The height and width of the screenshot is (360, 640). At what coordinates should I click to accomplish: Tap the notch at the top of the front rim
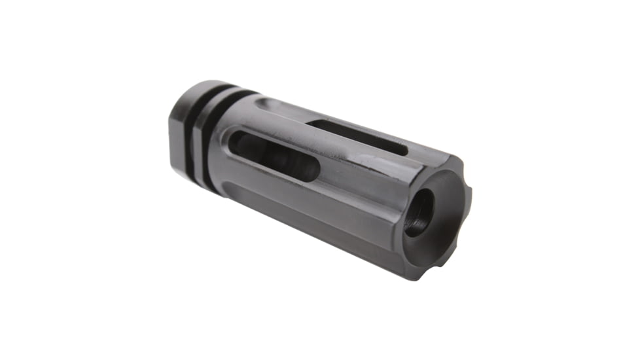click(x=451, y=159)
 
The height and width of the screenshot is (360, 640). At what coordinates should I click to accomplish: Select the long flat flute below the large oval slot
click(x=308, y=209)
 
